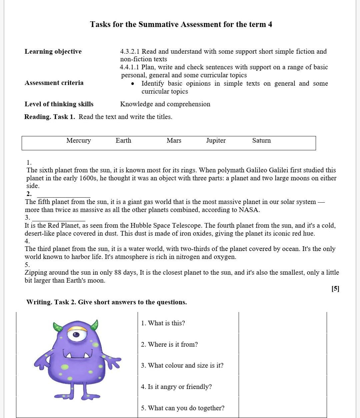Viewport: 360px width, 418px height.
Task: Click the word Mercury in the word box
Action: click(78, 141)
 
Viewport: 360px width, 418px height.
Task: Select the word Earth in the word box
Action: click(123, 141)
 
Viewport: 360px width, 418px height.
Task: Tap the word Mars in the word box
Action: click(174, 141)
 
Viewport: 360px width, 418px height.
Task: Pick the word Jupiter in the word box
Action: click(216, 141)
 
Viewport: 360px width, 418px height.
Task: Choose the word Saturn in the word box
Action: click(261, 141)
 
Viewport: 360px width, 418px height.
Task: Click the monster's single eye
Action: click(76, 334)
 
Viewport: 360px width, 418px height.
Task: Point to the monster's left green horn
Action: click(58, 327)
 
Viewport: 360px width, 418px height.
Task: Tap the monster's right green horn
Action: click(95, 325)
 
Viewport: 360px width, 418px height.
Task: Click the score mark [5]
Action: click(335, 289)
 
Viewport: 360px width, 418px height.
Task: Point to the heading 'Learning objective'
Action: click(53, 51)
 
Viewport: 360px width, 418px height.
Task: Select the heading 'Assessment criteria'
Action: click(54, 83)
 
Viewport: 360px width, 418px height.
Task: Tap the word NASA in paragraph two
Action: click(249, 210)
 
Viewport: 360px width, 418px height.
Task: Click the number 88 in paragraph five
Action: click(118, 272)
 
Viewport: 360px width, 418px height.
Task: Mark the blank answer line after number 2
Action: click(63, 194)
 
